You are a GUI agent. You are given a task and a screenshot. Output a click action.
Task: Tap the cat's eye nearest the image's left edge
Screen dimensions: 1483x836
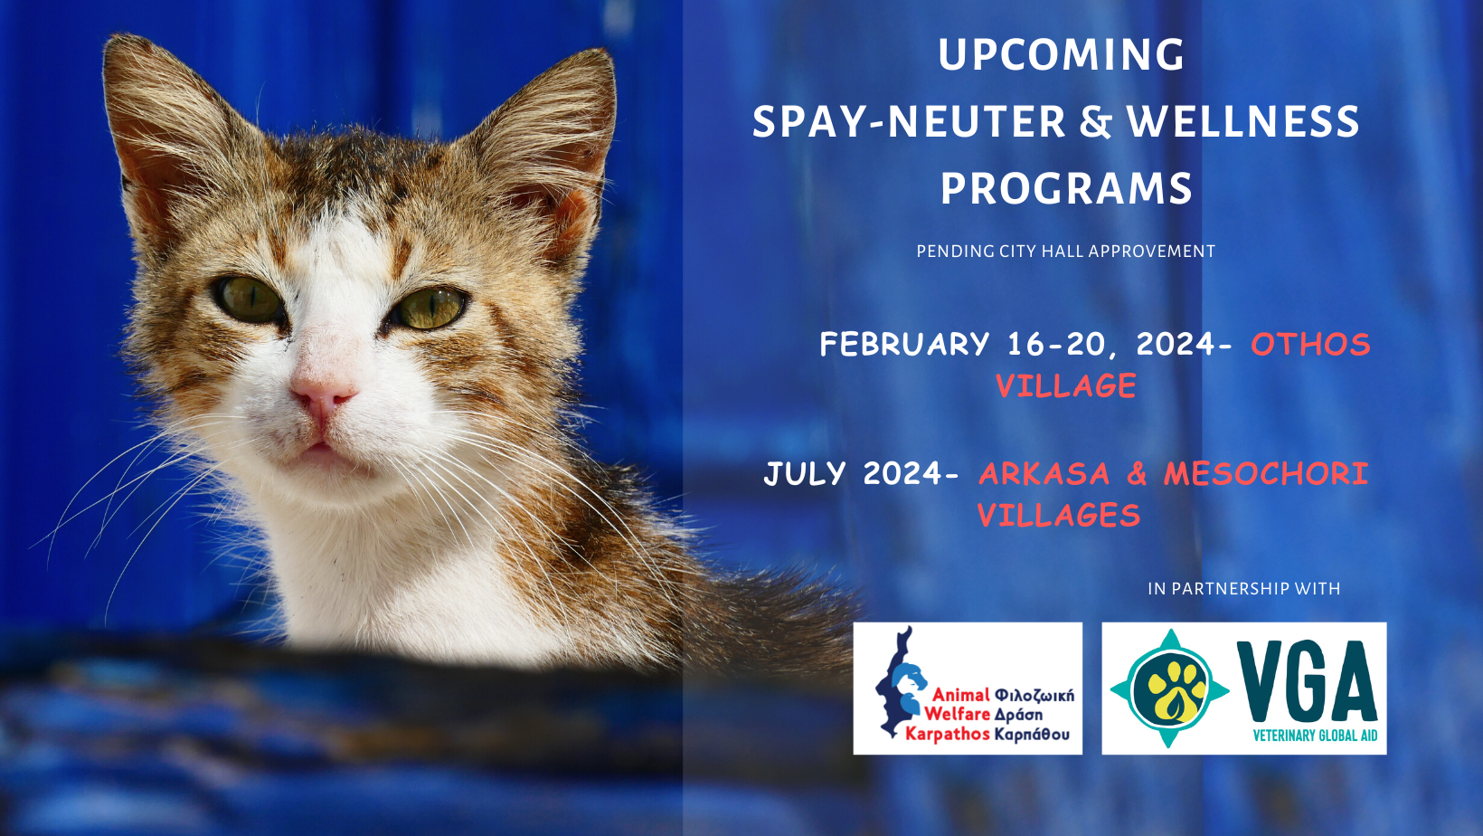tap(249, 299)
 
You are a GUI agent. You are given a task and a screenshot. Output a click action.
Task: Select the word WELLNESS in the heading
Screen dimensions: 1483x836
tap(1243, 121)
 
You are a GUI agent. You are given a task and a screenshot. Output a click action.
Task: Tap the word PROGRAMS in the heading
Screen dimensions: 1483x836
tap(1066, 188)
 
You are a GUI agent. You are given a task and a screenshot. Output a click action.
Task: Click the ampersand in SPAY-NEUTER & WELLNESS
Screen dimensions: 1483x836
tap(1095, 122)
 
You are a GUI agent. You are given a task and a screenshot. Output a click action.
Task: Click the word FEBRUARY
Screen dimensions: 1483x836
tap(904, 345)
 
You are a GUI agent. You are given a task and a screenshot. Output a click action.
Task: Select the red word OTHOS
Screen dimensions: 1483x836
tap(1310, 345)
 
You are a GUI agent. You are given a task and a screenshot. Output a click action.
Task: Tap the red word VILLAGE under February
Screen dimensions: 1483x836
tap(1066, 385)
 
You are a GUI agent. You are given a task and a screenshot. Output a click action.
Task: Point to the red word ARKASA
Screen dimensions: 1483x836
tap(1044, 474)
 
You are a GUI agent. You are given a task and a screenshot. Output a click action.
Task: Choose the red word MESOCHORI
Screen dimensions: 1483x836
tap(1266, 474)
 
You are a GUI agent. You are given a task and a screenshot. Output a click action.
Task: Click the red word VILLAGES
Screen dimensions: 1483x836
tap(1059, 516)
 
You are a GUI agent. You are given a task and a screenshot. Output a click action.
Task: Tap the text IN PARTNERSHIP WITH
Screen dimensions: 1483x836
tap(1244, 588)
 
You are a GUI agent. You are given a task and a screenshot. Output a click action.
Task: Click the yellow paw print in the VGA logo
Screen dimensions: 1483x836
tap(1170, 689)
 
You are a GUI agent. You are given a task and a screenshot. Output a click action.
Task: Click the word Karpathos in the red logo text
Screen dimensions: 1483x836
tap(948, 734)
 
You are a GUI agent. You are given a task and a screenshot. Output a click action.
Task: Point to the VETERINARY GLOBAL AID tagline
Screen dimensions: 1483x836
tap(1315, 736)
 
